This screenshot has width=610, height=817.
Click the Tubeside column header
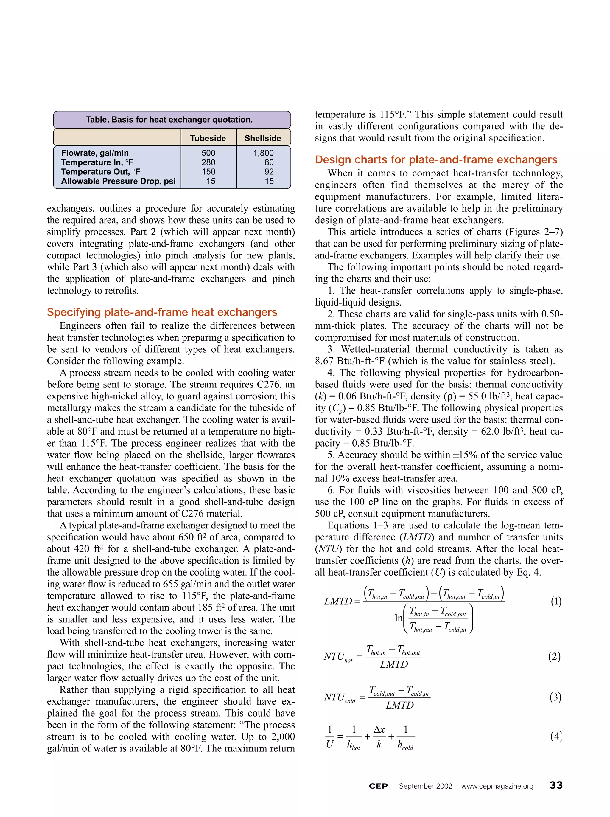click(208, 138)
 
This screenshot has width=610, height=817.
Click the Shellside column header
click(262, 138)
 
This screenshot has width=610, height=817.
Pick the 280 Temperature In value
click(208, 162)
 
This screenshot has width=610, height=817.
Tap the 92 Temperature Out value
click(269, 172)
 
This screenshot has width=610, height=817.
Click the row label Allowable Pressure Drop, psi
click(118, 181)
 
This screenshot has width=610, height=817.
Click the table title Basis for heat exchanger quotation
click(169, 120)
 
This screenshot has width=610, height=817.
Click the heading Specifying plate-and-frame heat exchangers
click(162, 312)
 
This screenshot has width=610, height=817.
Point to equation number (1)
click(556, 602)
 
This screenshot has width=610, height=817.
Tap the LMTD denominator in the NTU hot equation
click(394, 664)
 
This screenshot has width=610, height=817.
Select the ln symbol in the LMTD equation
click(398, 618)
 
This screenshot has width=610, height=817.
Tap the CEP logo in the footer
click(378, 786)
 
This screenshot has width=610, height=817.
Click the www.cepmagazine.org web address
click(497, 786)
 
